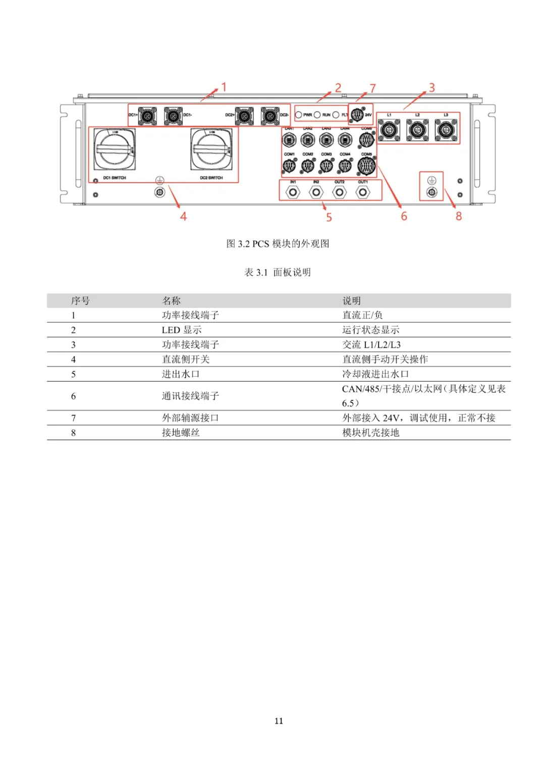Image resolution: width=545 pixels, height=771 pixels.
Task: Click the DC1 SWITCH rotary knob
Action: [x=115, y=149]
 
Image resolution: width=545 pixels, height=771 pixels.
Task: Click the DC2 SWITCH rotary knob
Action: [x=211, y=149]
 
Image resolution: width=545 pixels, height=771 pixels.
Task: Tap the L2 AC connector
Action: [x=418, y=130]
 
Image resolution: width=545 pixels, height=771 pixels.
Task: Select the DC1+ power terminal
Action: [x=147, y=116]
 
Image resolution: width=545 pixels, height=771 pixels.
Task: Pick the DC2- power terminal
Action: [x=270, y=116]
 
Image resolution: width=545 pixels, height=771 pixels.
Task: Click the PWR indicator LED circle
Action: [x=299, y=115]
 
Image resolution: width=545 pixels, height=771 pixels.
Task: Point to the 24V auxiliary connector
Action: [x=357, y=115]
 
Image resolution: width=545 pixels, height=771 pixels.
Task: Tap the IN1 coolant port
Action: [x=293, y=192]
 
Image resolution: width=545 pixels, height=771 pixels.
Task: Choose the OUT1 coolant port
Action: [x=363, y=192]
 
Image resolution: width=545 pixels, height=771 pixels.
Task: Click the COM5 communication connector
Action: [x=366, y=165]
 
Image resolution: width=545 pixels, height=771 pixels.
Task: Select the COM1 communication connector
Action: [x=289, y=165]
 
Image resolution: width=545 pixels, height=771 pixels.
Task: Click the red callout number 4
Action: [x=183, y=216]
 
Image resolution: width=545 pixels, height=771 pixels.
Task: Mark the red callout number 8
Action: [x=459, y=216]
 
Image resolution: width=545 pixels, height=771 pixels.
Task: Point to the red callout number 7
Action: [x=373, y=88]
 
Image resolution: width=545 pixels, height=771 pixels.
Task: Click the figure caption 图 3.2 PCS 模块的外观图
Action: [x=278, y=244]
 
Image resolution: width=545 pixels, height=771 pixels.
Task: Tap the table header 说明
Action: [x=351, y=301]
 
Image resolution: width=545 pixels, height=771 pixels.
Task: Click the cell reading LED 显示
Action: [x=182, y=330]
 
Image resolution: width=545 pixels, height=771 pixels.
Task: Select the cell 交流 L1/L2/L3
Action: [x=371, y=345]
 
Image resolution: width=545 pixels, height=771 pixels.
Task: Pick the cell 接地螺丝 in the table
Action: [x=181, y=433]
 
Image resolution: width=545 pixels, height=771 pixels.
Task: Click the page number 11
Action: [x=279, y=721]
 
